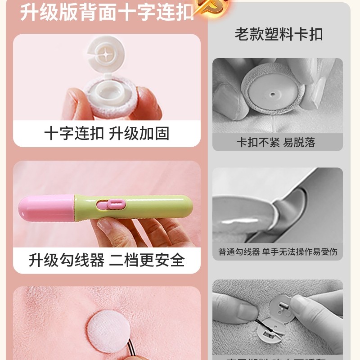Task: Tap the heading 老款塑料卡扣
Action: (279, 35)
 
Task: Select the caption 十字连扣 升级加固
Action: (107, 134)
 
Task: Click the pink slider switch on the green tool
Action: (109, 204)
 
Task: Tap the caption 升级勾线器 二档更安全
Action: (107, 260)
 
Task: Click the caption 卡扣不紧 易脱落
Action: (276, 143)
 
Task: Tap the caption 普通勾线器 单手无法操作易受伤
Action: (278, 252)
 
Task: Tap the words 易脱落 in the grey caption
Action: (299, 143)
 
